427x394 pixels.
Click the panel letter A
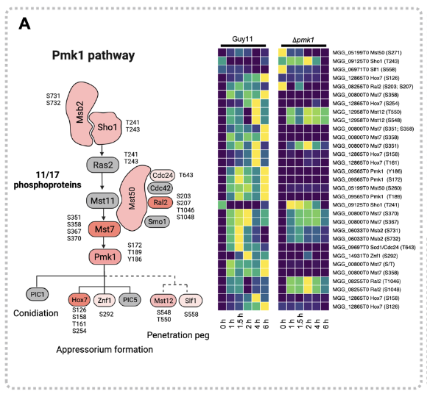[24, 24]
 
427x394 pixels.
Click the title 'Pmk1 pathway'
[93, 55]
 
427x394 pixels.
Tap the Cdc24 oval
[163, 175]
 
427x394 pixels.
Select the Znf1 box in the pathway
[105, 299]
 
